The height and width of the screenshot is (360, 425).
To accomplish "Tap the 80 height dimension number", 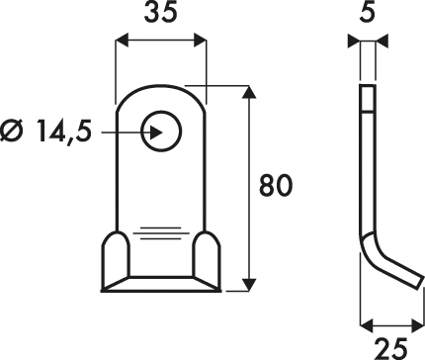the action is coord(276,185).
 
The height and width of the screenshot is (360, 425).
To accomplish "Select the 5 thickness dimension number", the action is coord(368,13).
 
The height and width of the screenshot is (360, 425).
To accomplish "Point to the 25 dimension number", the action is coord(391,348).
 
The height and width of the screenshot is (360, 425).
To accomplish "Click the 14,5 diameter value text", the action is coord(64,131).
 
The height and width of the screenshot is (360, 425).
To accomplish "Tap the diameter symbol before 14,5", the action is coord(13,131).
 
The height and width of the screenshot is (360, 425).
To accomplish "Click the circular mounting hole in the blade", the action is coord(161,132).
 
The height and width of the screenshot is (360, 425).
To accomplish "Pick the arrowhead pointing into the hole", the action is coord(156,133).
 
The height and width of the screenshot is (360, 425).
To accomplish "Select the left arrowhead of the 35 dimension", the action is coord(121,41).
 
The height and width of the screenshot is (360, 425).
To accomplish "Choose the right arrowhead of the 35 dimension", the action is coord(200,41).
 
